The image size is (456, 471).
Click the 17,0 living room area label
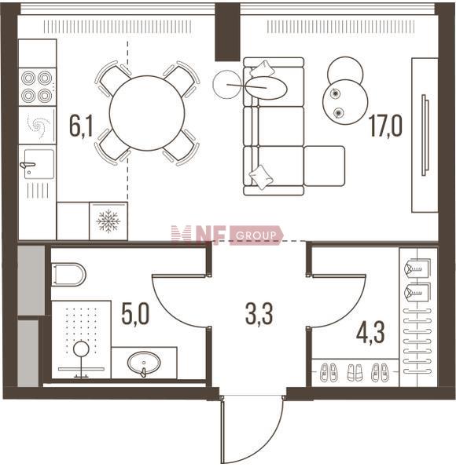tap(386, 126)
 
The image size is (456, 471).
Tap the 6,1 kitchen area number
tap(81, 126)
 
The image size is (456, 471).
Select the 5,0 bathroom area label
tap(135, 314)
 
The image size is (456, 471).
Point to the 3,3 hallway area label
tap(259, 314)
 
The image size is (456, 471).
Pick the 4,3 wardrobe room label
tap(370, 333)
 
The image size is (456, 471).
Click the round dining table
tap(147, 113)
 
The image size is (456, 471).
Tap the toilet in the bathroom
tap(68, 275)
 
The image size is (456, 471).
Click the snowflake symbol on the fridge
tap(108, 221)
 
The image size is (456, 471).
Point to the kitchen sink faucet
tap(28, 165)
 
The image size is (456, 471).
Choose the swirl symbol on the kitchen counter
tap(39, 126)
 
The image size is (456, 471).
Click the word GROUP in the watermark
tap(256, 235)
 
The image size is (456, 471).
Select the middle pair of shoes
tap(355, 373)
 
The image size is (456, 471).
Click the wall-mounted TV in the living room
tap(425, 135)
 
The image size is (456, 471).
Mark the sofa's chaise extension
tap(324, 166)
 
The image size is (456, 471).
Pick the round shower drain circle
tap(81, 349)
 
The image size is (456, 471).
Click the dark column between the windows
tap(228, 31)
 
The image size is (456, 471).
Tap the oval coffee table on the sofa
tap(267, 87)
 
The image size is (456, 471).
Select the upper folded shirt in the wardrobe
tap(417, 268)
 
